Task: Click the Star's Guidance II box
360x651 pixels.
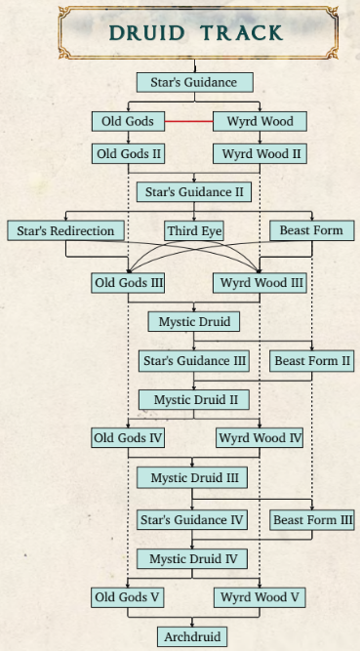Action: click(194, 192)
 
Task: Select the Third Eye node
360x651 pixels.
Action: click(194, 231)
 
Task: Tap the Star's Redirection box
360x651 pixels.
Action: click(65, 231)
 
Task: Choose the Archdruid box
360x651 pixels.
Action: click(192, 637)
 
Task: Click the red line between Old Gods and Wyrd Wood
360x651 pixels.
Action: click(189, 122)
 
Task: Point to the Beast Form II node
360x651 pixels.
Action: click(312, 361)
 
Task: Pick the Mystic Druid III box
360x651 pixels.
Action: click(192, 477)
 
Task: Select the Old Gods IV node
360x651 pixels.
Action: click(128, 438)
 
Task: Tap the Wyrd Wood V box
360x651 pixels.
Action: click(260, 598)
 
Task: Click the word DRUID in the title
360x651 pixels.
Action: click(146, 33)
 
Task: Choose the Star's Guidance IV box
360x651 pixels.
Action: click(192, 520)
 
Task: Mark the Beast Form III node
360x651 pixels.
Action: click(312, 520)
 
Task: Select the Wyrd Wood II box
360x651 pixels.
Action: click(260, 153)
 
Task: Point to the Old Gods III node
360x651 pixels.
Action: click(128, 283)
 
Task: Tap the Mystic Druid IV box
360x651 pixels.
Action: click(192, 559)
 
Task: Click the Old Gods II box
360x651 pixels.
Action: click(128, 153)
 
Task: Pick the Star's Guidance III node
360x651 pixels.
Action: click(194, 361)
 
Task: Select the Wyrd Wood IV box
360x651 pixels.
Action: click(260, 438)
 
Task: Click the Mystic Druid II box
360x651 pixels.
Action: click(194, 400)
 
